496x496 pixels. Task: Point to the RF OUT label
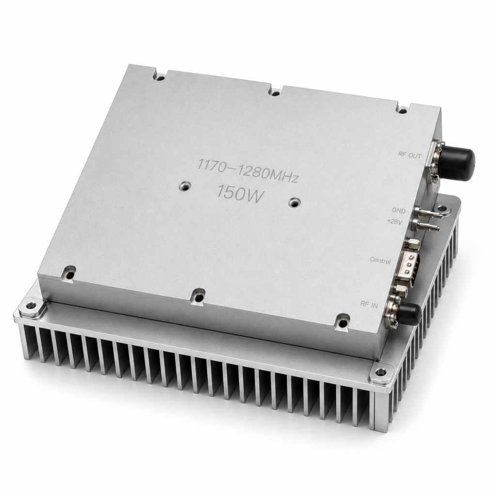point(410,155)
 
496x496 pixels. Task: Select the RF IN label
point(369,304)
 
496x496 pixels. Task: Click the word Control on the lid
point(380,260)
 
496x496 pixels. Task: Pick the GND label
point(399,210)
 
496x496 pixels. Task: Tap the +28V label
point(395,221)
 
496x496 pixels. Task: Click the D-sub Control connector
point(409,266)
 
